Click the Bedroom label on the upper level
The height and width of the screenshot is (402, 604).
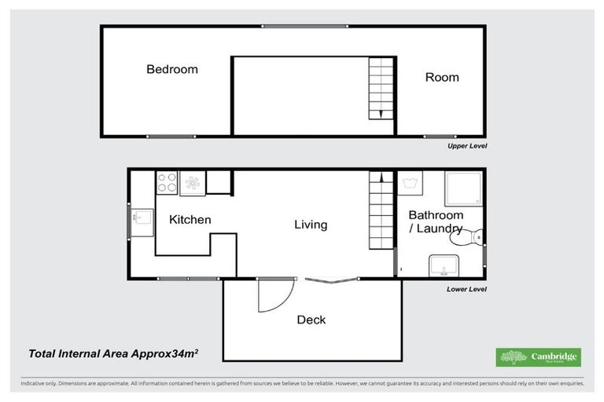click(x=172, y=69)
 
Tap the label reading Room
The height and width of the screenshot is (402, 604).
click(x=442, y=77)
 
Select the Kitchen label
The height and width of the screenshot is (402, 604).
click(x=190, y=220)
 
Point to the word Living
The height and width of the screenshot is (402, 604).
click(x=311, y=225)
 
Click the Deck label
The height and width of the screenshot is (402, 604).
click(x=311, y=320)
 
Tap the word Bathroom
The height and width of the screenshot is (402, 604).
click(x=436, y=215)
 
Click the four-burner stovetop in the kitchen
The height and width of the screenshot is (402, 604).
click(x=167, y=183)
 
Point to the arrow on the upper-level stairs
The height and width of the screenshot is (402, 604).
click(x=381, y=113)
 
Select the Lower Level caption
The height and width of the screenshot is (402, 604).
click(x=466, y=289)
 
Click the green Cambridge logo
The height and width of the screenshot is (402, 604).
click(x=538, y=357)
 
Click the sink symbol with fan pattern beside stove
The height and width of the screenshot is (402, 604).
click(x=193, y=184)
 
